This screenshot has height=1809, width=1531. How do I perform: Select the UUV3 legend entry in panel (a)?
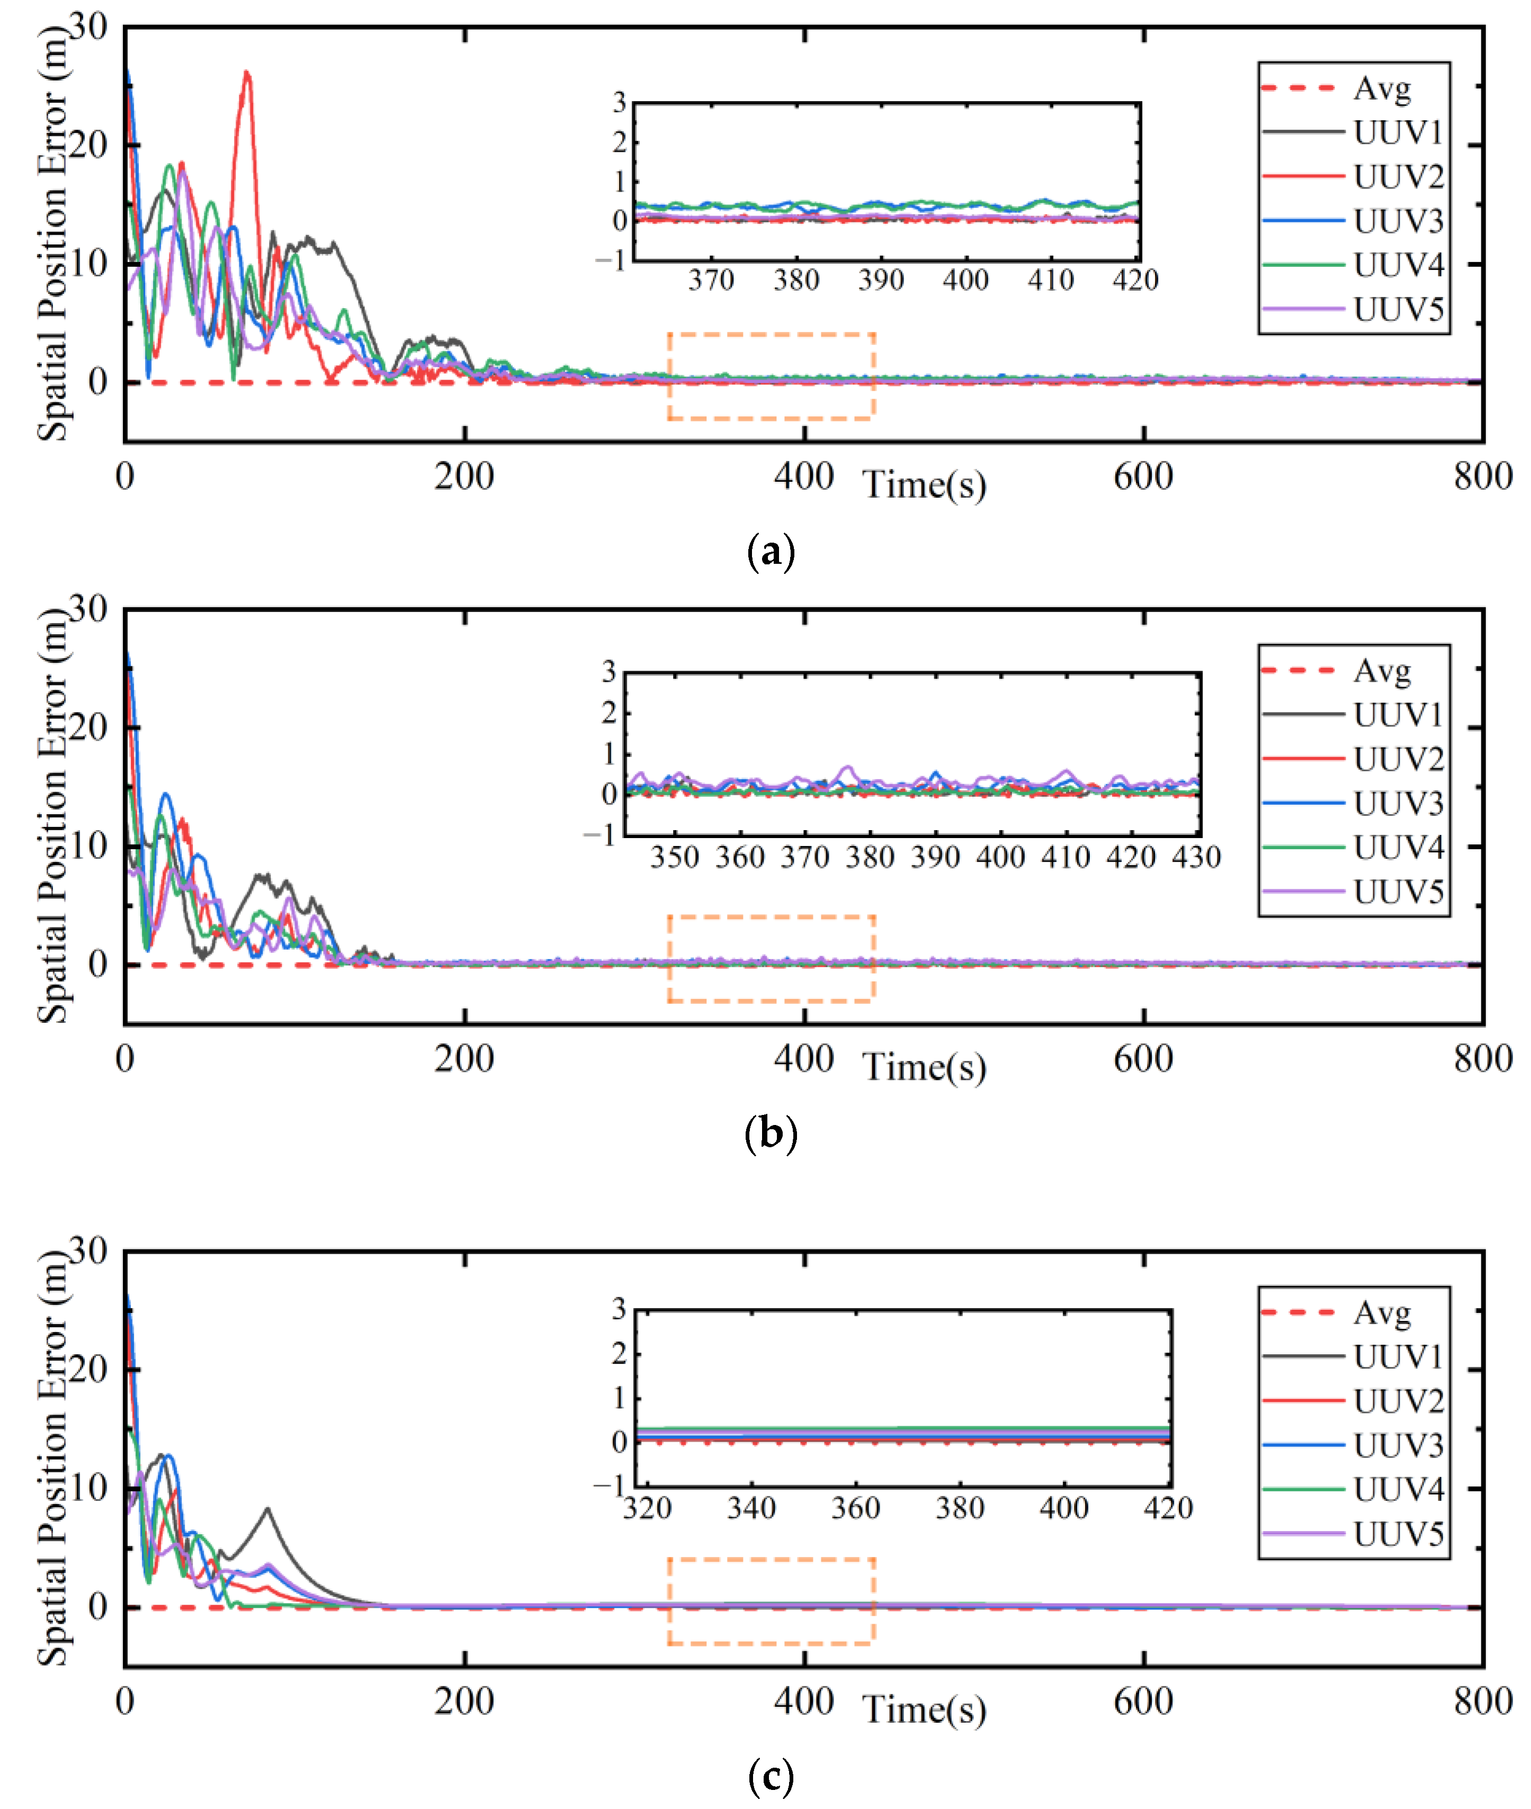click(x=1398, y=221)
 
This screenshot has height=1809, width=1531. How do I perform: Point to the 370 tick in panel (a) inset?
click(x=711, y=280)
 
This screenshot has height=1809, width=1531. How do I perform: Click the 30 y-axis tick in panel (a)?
click(x=88, y=27)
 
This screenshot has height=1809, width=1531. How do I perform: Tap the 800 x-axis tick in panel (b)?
click(x=1482, y=1058)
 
